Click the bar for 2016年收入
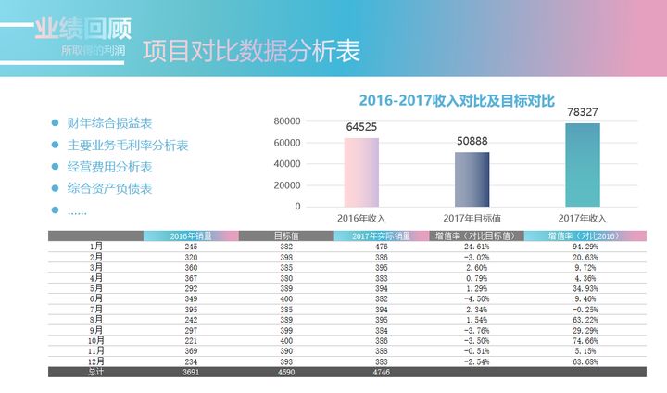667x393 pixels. [361, 171]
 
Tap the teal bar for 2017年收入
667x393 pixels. [582, 165]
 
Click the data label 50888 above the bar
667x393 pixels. [472, 141]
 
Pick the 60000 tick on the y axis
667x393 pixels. [286, 143]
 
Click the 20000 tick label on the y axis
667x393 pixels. [286, 185]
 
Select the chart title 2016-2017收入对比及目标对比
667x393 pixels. [456, 100]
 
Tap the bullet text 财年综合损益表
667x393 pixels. [109, 123]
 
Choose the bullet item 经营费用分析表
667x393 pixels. [109, 167]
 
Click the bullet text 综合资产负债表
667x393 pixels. [109, 189]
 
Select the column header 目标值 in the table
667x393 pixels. [286, 235]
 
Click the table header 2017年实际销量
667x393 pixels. [381, 235]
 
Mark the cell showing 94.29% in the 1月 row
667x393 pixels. [570, 247]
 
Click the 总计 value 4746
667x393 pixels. [381, 372]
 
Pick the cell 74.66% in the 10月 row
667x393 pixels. [570, 340]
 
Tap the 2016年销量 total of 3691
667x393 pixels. [191, 372]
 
